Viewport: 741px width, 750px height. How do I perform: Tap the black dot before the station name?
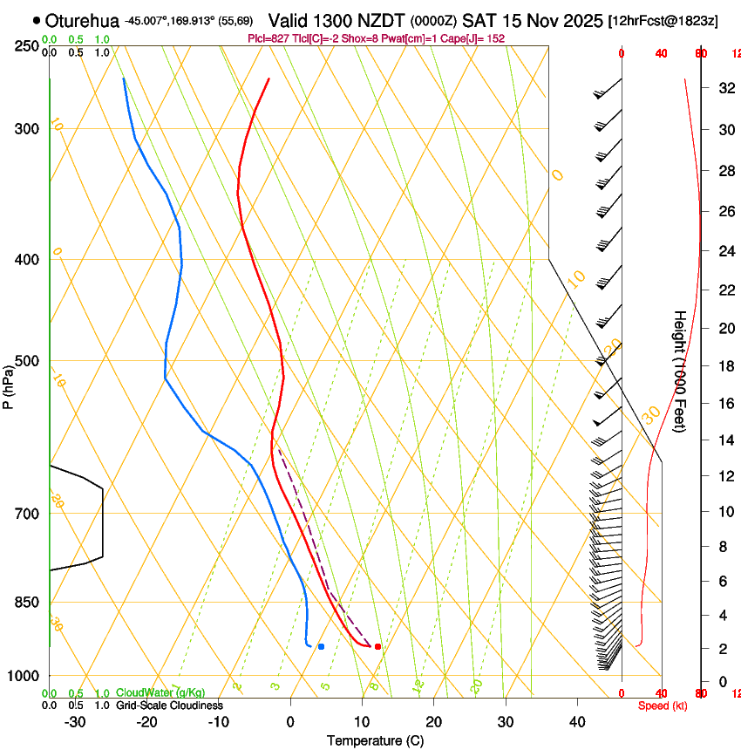click(x=37, y=20)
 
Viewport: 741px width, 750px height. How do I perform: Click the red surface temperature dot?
click(x=377, y=646)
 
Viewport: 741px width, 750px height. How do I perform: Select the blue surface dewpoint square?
click(x=322, y=646)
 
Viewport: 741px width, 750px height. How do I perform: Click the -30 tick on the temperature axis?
click(x=75, y=722)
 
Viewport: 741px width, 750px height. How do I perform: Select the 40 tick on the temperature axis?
click(x=577, y=722)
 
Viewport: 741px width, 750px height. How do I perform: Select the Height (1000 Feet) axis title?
click(x=680, y=371)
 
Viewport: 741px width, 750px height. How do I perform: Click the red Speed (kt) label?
click(x=663, y=706)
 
